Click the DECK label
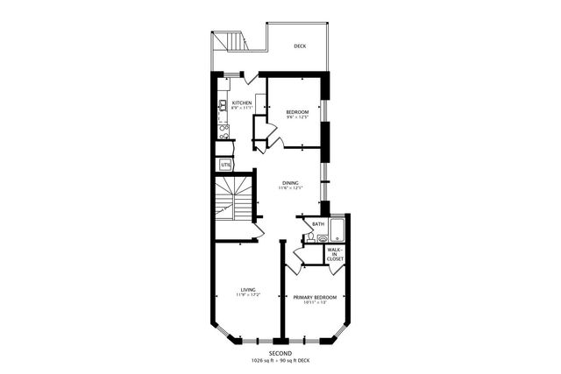pos(300,46)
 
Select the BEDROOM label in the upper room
pos(297,112)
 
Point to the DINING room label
pos(290,183)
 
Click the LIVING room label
pos(248,290)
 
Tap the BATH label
pos(317,224)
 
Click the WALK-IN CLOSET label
pos(334,254)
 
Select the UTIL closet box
pos(225,164)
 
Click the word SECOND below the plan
pos(280,353)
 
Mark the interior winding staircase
pos(233,199)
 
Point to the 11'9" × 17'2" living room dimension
pos(248,296)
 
